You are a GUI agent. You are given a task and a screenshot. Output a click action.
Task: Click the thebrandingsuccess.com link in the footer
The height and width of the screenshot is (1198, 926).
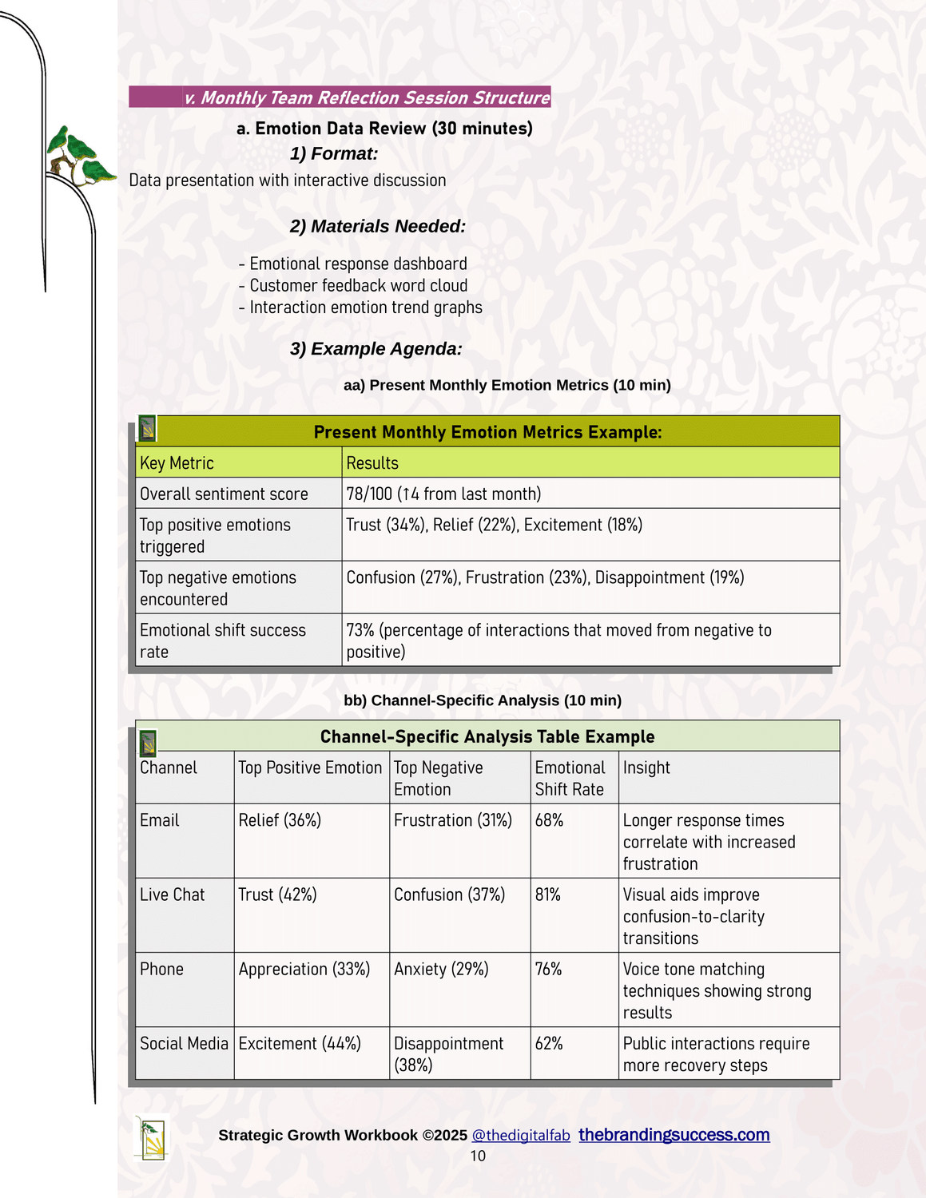click(674, 1135)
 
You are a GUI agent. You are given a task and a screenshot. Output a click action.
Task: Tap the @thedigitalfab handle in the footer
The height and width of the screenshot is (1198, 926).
click(521, 1136)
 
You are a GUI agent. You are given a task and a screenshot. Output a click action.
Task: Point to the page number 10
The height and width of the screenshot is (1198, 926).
click(478, 1156)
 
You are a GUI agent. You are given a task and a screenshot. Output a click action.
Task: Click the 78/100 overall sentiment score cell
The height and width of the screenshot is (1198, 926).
click(443, 494)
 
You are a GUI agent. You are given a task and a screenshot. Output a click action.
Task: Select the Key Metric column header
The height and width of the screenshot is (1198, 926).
click(177, 463)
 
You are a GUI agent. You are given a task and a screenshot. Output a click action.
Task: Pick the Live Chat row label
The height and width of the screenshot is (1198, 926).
click(172, 895)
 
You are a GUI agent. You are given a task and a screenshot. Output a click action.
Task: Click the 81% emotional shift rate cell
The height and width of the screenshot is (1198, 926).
click(548, 895)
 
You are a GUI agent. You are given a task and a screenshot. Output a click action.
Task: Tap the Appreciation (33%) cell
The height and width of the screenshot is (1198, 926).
click(304, 969)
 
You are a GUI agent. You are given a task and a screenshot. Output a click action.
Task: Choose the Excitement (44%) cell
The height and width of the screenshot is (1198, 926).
click(300, 1043)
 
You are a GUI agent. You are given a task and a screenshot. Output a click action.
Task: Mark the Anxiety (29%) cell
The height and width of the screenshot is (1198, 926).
click(441, 969)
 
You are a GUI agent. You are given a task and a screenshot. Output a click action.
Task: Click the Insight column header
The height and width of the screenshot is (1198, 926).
click(646, 768)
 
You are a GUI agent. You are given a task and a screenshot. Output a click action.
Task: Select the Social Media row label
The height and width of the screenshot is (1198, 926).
click(184, 1043)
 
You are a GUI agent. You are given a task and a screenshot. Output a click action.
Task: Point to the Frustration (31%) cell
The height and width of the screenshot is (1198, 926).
click(453, 820)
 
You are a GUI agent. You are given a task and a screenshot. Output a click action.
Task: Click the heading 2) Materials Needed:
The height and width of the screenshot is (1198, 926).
click(377, 226)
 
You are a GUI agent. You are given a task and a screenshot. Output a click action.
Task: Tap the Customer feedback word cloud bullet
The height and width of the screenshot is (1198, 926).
click(358, 285)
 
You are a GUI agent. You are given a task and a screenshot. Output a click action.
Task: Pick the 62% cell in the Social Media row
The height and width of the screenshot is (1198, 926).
click(549, 1043)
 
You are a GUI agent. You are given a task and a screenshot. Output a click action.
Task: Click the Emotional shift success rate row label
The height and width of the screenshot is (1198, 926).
click(222, 641)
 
